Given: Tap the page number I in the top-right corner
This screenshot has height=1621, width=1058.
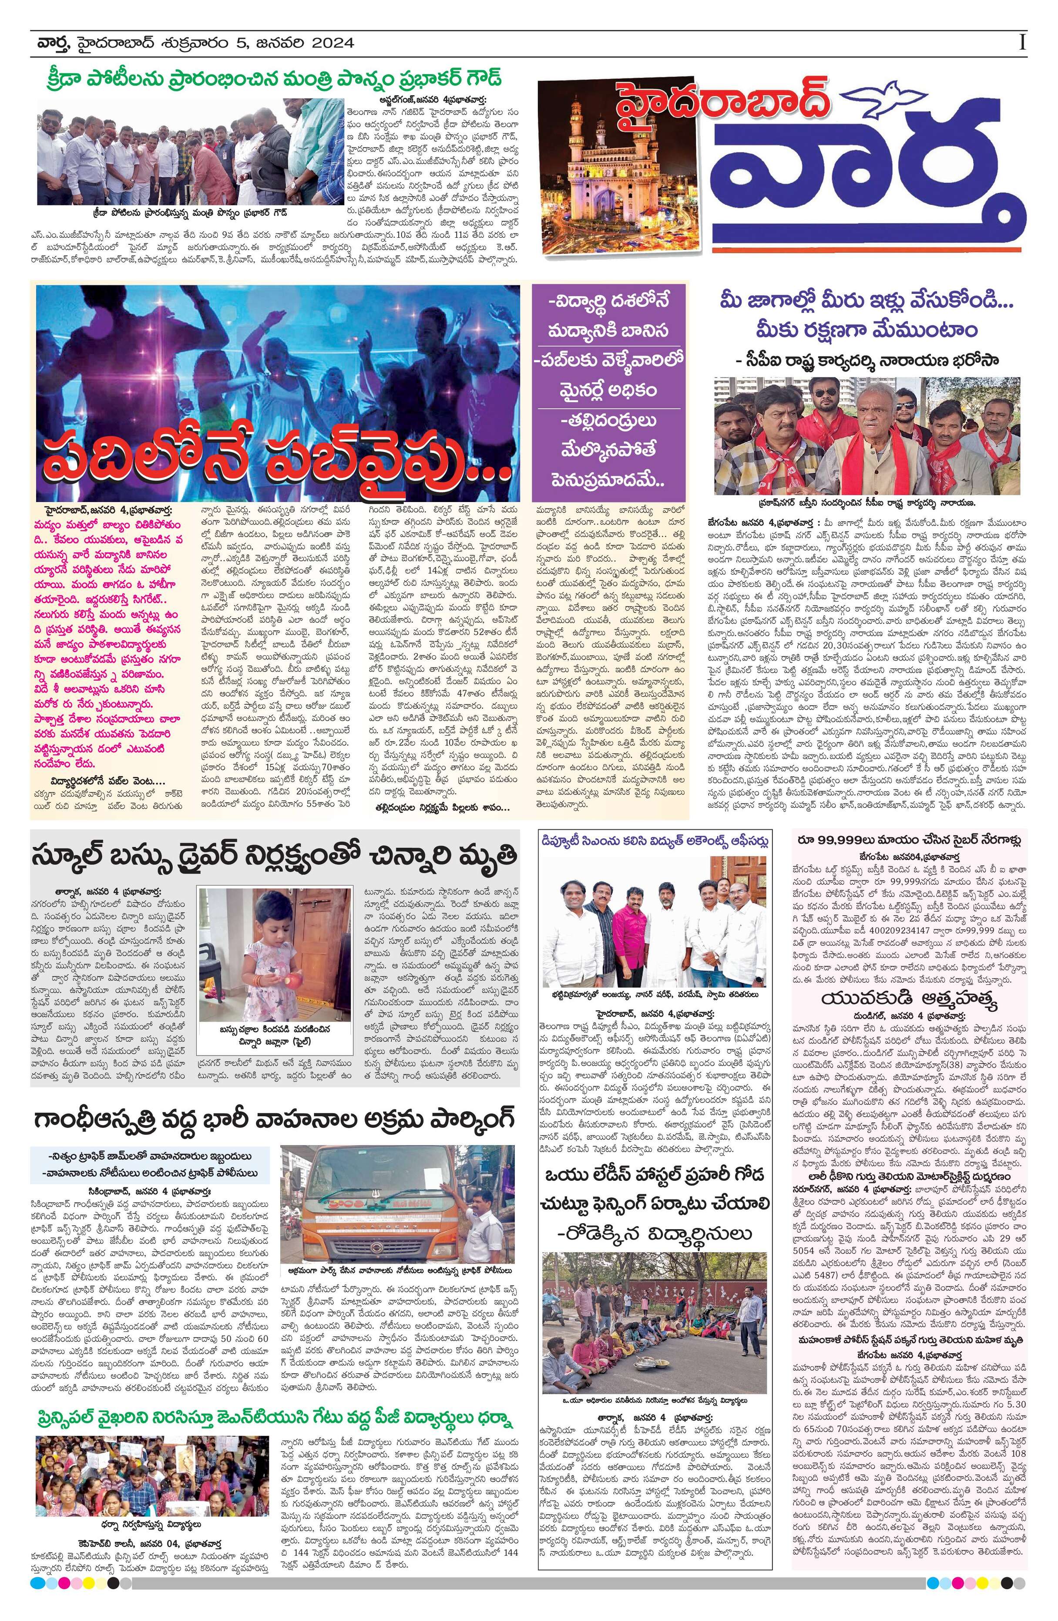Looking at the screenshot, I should [x=1022, y=42].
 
